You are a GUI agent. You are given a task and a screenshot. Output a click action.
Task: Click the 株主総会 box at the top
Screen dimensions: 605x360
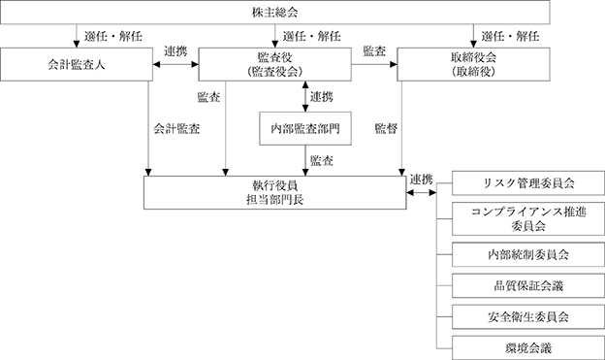(x=274, y=13)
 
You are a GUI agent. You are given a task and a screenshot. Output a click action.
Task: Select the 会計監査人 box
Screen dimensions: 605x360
(x=77, y=64)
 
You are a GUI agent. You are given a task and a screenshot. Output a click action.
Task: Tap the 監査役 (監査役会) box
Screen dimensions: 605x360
(x=274, y=64)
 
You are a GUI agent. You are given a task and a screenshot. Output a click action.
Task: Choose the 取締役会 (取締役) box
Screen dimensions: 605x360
(x=473, y=64)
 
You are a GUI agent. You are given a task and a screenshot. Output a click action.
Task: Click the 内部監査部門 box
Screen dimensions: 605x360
(x=305, y=129)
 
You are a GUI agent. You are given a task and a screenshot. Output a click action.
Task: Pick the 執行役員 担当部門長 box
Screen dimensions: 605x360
(x=274, y=193)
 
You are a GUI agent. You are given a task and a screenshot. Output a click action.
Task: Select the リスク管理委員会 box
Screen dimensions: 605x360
(x=528, y=183)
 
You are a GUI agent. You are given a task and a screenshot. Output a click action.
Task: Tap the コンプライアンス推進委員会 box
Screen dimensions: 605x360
(x=528, y=218)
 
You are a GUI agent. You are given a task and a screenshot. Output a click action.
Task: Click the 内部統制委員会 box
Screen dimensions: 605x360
(x=528, y=254)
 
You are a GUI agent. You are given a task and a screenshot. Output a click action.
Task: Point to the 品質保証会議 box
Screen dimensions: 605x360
(x=528, y=286)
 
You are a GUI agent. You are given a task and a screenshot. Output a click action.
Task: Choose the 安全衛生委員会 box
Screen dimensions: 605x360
(x=528, y=317)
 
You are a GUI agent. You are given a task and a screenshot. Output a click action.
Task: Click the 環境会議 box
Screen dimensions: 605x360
(x=528, y=348)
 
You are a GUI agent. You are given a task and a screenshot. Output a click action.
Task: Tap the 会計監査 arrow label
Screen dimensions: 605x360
(x=176, y=129)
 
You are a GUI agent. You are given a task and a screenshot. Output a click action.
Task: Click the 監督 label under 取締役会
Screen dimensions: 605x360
(x=386, y=129)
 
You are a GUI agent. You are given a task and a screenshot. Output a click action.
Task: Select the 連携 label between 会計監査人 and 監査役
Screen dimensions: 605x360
(x=175, y=51)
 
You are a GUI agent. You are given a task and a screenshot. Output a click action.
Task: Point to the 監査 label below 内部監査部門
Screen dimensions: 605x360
(x=322, y=161)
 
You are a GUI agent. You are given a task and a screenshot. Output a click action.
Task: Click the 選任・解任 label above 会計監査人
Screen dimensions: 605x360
(x=113, y=36)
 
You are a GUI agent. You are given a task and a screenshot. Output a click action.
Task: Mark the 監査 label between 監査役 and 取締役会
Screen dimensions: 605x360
(x=374, y=51)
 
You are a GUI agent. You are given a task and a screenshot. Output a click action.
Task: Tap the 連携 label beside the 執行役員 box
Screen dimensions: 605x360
(x=421, y=180)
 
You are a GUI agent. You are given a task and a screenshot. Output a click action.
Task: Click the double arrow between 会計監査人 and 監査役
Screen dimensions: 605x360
(x=175, y=64)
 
